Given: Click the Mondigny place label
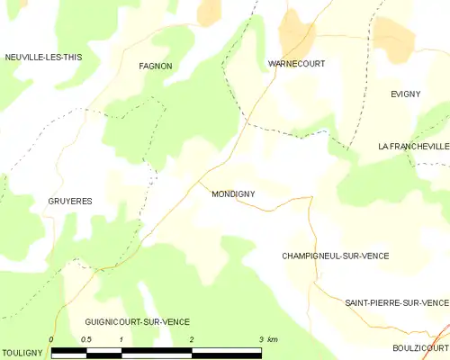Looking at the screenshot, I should click(x=236, y=193).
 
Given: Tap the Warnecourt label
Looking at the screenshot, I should click(x=296, y=64).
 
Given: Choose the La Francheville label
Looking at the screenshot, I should click(x=413, y=146).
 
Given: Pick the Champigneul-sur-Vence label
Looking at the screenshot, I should click(x=335, y=256).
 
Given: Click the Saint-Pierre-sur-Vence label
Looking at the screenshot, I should click(x=396, y=302).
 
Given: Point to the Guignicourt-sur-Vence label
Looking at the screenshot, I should click(x=137, y=321).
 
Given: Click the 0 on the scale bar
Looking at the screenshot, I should click(x=52, y=338).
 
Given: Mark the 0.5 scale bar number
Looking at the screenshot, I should click(x=85, y=338).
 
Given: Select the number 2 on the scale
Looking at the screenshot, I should click(x=192, y=338).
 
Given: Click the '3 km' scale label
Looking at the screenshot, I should click(x=268, y=338).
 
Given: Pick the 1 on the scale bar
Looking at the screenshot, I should click(x=121, y=338).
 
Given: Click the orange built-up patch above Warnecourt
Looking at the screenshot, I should click(x=295, y=31).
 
